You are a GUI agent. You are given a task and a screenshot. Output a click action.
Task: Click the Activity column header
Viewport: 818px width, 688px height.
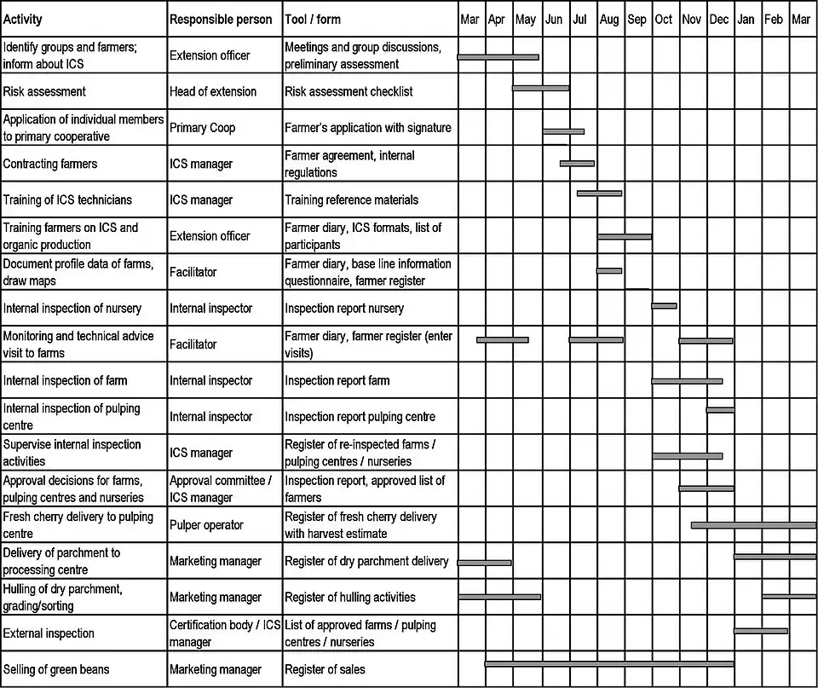[x=22, y=20]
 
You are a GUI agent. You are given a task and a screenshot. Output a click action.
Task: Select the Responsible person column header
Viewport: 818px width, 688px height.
[x=221, y=20]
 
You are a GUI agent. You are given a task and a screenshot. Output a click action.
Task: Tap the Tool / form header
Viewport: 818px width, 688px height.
[x=320, y=20]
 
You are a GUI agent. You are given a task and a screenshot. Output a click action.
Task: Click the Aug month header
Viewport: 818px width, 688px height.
[x=609, y=20]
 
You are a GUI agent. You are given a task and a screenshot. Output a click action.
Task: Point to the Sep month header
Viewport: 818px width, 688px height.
[x=637, y=20]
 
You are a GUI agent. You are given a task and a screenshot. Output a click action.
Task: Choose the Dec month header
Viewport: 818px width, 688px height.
[x=718, y=20]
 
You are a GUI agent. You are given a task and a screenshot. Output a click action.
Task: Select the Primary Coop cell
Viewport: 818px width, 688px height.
[x=202, y=128]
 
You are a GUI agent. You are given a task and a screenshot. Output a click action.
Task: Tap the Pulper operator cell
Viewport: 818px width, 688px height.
[x=206, y=525]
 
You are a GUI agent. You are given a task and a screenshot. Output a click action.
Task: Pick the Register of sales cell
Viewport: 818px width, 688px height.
[x=325, y=669]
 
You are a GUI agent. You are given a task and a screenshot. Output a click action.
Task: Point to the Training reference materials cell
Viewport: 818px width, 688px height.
[x=351, y=199]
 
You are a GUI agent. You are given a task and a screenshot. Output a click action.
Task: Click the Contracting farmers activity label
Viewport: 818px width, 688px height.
[x=50, y=164]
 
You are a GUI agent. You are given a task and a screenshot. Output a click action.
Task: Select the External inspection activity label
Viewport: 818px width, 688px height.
[x=49, y=633]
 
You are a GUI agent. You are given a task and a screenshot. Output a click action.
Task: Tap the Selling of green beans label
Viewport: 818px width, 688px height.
[x=56, y=669]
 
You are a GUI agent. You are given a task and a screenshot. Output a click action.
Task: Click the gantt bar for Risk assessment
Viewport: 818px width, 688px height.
[x=540, y=88]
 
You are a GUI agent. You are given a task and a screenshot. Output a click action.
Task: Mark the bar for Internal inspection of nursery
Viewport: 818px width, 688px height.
[x=664, y=305]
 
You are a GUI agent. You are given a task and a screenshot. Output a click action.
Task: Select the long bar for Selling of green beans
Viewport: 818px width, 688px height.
[x=609, y=663]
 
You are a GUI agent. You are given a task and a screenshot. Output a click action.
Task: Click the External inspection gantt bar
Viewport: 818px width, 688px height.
[x=760, y=631]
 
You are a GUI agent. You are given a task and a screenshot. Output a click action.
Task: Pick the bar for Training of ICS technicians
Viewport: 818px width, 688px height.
[x=599, y=194]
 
